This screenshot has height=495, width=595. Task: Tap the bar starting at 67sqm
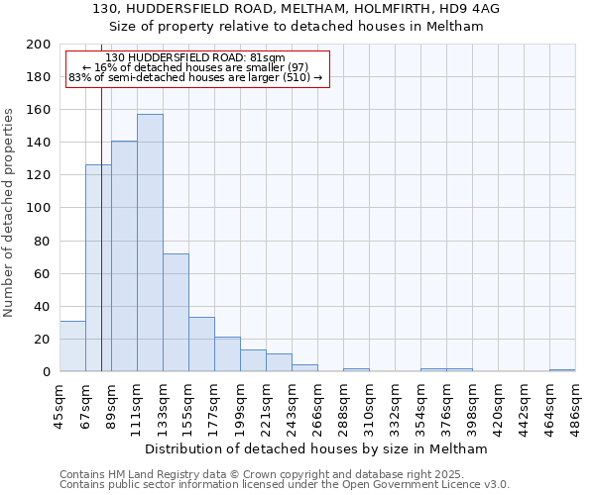(98, 267)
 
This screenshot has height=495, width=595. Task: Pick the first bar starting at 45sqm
(72, 346)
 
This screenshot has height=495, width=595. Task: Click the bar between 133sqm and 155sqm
(176, 312)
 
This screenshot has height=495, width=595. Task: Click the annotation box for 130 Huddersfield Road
(196, 68)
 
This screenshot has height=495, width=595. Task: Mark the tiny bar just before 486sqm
(562, 370)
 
